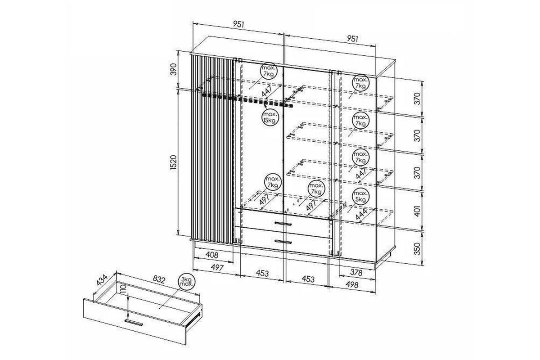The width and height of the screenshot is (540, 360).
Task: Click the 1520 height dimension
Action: point(173,162)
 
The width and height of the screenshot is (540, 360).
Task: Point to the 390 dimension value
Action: point(173,69)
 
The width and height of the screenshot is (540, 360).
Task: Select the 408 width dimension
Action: point(212,255)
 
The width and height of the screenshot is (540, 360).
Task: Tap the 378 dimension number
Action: point(356,272)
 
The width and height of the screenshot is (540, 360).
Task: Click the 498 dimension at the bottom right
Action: point(352,285)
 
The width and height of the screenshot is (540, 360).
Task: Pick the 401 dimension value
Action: point(417,211)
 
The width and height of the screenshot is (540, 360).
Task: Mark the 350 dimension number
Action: point(417,248)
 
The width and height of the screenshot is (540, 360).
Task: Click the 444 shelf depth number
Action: point(362,215)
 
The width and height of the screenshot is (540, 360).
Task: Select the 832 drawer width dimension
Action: point(159,279)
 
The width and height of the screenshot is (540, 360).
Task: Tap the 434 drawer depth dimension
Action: point(102,280)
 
